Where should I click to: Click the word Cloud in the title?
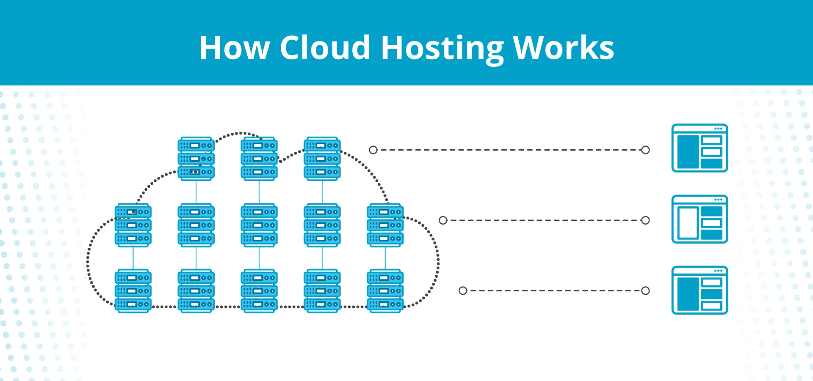pyautogui.click(x=325, y=48)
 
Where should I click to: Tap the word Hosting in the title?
pyautogui.click(x=442, y=48)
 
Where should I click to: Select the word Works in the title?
pyautogui.click(x=563, y=48)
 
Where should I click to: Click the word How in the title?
pyautogui.click(x=234, y=48)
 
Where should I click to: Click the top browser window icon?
pyautogui.click(x=700, y=148)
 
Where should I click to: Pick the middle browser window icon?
pyautogui.click(x=700, y=219)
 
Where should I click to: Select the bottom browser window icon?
pyautogui.click(x=700, y=290)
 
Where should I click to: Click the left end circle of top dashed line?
pyautogui.click(x=373, y=150)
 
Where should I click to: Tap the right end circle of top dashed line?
pyautogui.click(x=645, y=150)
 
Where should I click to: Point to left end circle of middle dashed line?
pyautogui.click(x=443, y=220)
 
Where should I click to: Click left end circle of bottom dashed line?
pyautogui.click(x=463, y=291)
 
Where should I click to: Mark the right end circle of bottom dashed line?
pyautogui.click(x=645, y=291)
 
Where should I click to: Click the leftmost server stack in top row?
pyautogui.click(x=196, y=159)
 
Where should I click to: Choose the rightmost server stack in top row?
pyautogui.click(x=322, y=159)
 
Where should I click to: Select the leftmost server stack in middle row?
pyautogui.click(x=133, y=225)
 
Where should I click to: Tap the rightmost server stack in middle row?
pyautogui.click(x=385, y=225)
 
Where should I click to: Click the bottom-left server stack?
pyautogui.click(x=133, y=291)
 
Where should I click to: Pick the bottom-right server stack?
pyautogui.click(x=385, y=291)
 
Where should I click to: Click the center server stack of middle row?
pyautogui.click(x=259, y=225)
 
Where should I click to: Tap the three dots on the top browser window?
pyautogui.click(x=719, y=129)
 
